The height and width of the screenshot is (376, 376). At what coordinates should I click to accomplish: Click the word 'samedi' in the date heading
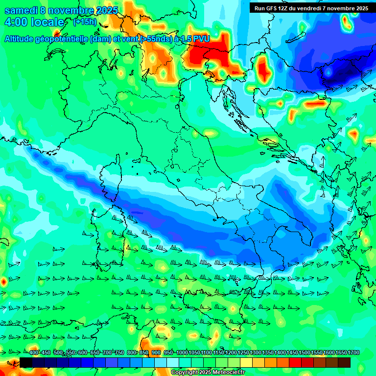(x=21, y=10)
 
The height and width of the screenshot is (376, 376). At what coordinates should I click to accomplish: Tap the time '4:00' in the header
(x=16, y=22)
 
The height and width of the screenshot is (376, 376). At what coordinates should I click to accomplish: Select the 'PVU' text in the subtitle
(x=201, y=39)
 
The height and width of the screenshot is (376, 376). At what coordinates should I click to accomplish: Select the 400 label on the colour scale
(x=34, y=353)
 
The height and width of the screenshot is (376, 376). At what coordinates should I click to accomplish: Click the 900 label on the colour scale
(x=156, y=353)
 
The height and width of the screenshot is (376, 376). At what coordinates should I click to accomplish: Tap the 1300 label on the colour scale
(x=256, y=353)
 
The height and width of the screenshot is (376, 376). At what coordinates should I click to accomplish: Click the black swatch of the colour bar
(x=26, y=362)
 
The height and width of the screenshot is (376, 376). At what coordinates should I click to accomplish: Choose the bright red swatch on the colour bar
(x=295, y=362)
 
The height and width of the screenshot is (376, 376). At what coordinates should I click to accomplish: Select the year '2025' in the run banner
(x=361, y=8)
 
